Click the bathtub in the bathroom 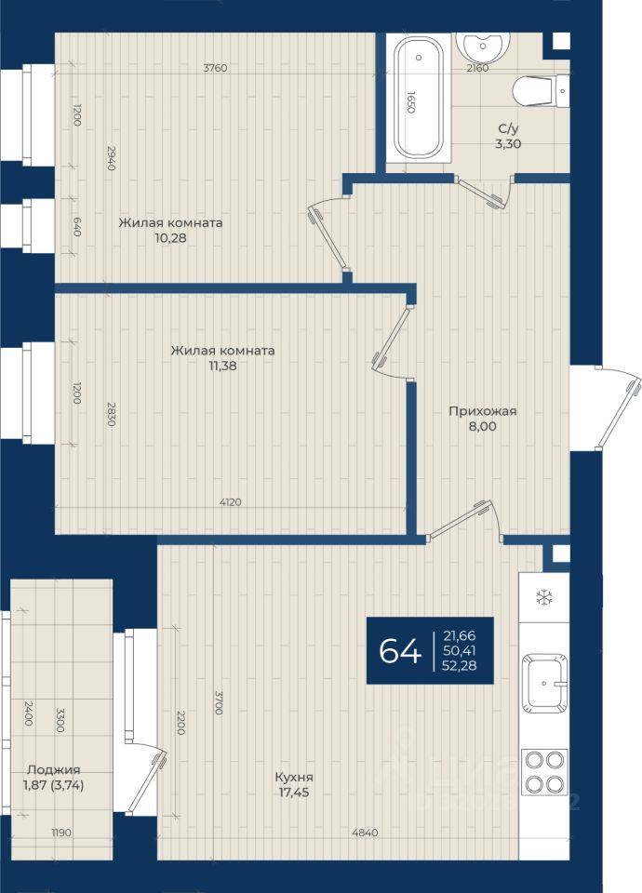pyautogui.click(x=419, y=98)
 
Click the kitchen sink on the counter pyautogui.click(x=544, y=683)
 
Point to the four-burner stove pyautogui.click(x=544, y=772)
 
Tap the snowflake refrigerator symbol pyautogui.click(x=544, y=597)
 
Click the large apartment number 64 pyautogui.click(x=400, y=650)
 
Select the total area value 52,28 pyautogui.click(x=459, y=664)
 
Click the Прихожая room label pyautogui.click(x=483, y=410)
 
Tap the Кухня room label pyautogui.click(x=294, y=777)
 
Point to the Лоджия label pyautogui.click(x=54, y=770)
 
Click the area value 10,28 pyautogui.click(x=170, y=238)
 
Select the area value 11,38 pyautogui.click(x=222, y=366)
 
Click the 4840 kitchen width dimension pyautogui.click(x=365, y=833)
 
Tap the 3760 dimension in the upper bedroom pyautogui.click(x=215, y=68)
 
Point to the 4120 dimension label pyautogui.click(x=230, y=501)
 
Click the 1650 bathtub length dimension pyautogui.click(x=410, y=102)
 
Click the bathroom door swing pyautogui.click(x=484, y=193)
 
